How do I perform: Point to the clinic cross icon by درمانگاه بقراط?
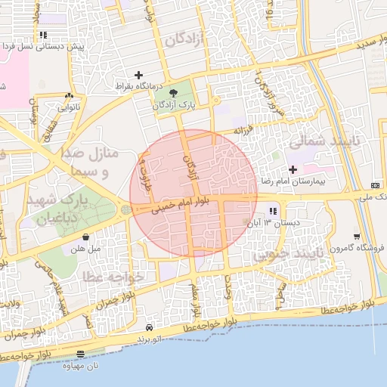click(138, 75)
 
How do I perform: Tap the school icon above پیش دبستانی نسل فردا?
click(44, 35)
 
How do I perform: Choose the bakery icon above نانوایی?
click(69, 96)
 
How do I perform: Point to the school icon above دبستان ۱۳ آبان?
click(272, 211)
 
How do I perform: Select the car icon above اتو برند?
click(150, 327)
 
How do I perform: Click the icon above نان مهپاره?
click(81, 354)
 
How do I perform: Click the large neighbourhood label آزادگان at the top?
click(186, 39)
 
